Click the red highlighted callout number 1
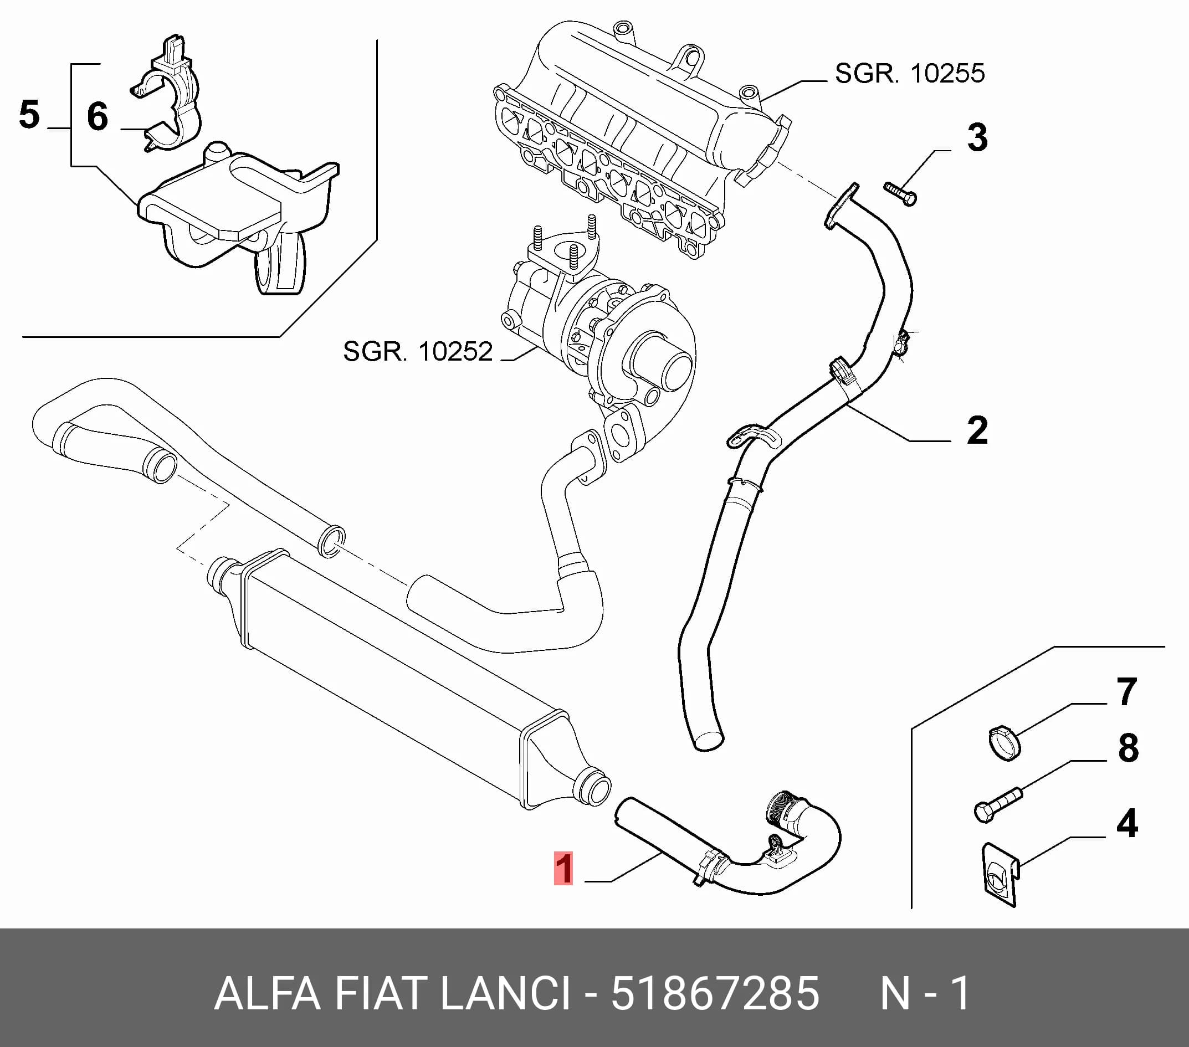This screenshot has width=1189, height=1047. (563, 868)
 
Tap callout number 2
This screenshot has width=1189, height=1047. (977, 430)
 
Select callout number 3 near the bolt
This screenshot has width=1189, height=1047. (977, 138)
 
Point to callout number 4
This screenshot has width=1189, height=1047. (1127, 824)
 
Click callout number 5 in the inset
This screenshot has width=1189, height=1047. (29, 114)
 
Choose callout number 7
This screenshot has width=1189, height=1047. (1127, 692)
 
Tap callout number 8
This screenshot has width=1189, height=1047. (1128, 748)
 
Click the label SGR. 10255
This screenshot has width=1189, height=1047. (910, 73)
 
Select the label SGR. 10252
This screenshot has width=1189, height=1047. (418, 351)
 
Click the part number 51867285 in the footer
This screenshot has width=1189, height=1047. (715, 993)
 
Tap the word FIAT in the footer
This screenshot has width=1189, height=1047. (381, 993)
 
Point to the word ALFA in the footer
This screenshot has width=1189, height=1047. (268, 993)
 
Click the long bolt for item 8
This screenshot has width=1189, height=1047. (998, 804)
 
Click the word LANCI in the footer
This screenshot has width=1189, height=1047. (505, 993)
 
